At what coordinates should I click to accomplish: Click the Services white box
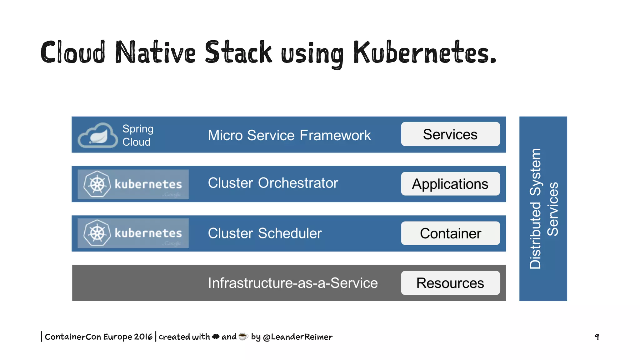[450, 134]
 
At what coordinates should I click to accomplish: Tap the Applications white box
[450, 184]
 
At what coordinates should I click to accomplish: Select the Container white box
[450, 233]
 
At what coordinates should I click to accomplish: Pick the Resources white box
[450, 283]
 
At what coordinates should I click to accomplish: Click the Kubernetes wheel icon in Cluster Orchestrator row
[97, 184]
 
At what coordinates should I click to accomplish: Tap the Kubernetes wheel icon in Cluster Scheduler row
[97, 233]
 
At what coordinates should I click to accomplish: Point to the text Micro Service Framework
[289, 135]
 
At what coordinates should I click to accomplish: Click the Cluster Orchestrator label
[273, 183]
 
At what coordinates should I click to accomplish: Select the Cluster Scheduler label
[265, 233]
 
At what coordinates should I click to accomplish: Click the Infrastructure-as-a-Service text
[293, 283]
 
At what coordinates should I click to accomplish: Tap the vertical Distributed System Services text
[543, 209]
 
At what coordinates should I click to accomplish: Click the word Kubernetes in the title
[424, 52]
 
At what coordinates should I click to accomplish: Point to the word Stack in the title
[238, 52]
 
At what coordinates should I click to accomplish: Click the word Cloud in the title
[73, 52]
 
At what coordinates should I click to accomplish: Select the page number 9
[597, 337]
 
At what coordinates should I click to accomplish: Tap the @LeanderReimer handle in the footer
[297, 337]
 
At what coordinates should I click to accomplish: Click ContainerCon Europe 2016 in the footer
[98, 337]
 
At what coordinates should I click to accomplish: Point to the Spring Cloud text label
[137, 135]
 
